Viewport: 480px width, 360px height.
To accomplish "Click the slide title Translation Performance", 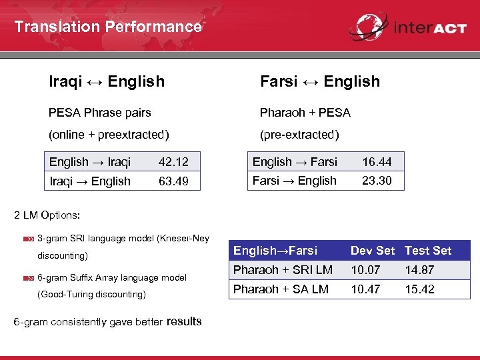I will pyautogui.click(x=107, y=27).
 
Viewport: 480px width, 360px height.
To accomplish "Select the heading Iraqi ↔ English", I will pyautogui.click(x=107, y=81).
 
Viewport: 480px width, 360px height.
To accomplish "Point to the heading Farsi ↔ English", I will pyautogui.click(x=319, y=81).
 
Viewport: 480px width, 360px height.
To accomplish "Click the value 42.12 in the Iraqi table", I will pyautogui.click(x=173, y=162).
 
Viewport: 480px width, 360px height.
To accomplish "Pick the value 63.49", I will pyautogui.click(x=173, y=181).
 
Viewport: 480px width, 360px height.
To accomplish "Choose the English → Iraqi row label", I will pyautogui.click(x=90, y=162).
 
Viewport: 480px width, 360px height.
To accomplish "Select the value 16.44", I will pyautogui.click(x=377, y=161).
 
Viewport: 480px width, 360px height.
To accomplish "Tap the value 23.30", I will pyautogui.click(x=377, y=181).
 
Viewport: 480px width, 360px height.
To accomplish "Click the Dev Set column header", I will pyautogui.click(x=373, y=251).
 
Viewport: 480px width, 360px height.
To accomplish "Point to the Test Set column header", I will pyautogui.click(x=428, y=251).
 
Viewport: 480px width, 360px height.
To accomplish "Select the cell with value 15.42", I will pyautogui.click(x=419, y=289).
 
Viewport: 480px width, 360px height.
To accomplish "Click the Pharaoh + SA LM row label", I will pyautogui.click(x=281, y=289).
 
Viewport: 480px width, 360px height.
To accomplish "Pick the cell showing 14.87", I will pyautogui.click(x=419, y=270).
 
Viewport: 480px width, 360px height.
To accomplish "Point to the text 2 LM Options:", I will pyautogui.click(x=47, y=215).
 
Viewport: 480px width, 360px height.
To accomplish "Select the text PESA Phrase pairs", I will pyautogui.click(x=100, y=113).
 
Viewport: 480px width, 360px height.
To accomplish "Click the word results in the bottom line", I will pyautogui.click(x=184, y=321).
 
